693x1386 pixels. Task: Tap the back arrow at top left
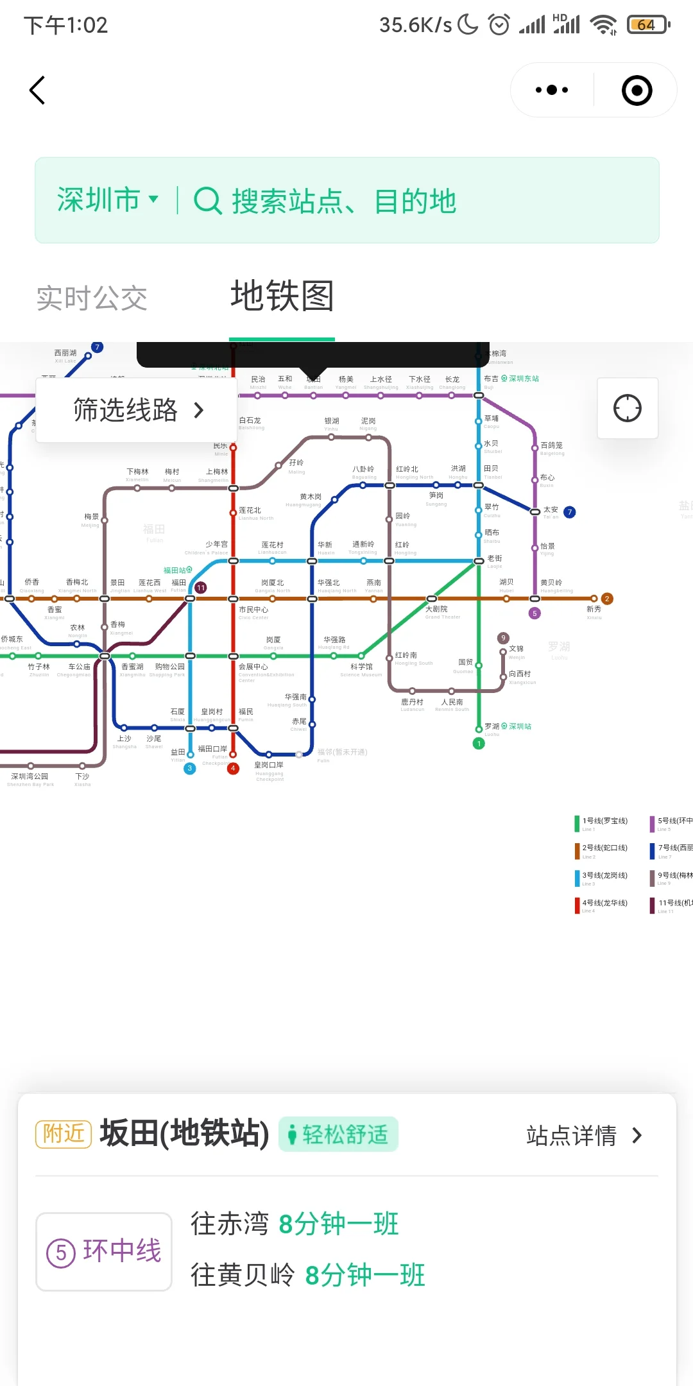click(x=38, y=90)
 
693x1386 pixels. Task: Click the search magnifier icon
click(x=207, y=201)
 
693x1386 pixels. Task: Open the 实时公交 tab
click(x=92, y=298)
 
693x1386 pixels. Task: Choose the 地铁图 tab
click(x=282, y=296)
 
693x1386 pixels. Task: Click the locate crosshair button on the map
click(x=627, y=408)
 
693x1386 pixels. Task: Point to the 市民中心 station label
click(x=253, y=610)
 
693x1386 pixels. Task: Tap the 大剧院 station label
click(x=436, y=610)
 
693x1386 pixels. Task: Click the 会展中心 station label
click(x=253, y=667)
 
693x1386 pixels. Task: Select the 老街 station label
click(x=495, y=559)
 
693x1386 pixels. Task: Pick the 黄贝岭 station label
click(x=551, y=583)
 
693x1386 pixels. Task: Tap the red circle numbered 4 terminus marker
click(x=234, y=768)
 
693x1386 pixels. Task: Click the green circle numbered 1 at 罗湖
click(x=479, y=743)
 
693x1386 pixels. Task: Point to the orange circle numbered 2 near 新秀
click(x=607, y=599)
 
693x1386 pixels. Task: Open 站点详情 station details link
click(x=583, y=1136)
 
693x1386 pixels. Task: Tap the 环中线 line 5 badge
click(x=104, y=1251)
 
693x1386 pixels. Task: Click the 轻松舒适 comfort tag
click(x=338, y=1134)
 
